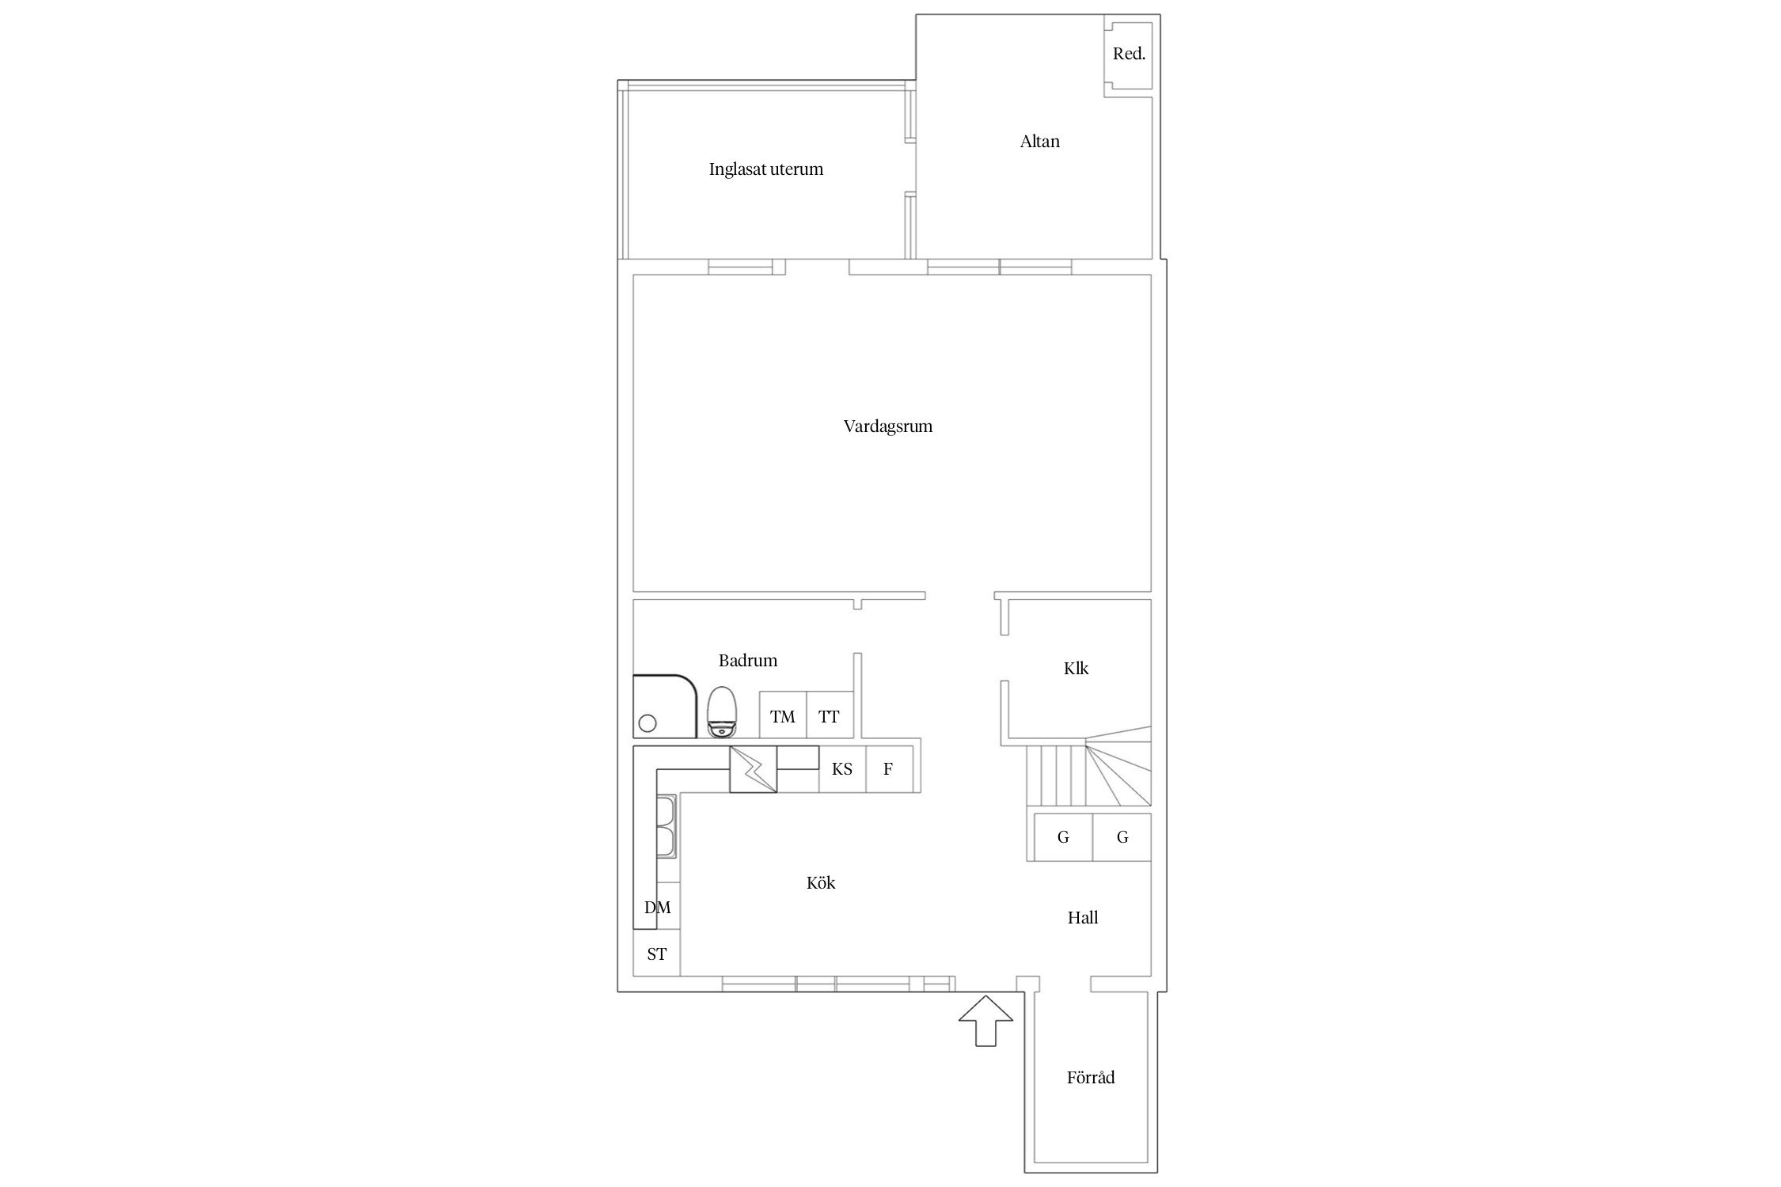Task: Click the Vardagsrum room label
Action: click(x=887, y=427)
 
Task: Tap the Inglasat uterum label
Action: click(x=765, y=169)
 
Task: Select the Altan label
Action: click(x=1039, y=142)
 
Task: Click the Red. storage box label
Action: click(x=1129, y=54)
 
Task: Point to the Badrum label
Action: click(x=748, y=660)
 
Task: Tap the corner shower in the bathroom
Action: click(x=664, y=706)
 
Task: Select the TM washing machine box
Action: click(x=783, y=715)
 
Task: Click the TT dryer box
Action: click(x=830, y=715)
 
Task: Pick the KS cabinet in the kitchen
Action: click(x=842, y=768)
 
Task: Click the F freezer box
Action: click(x=889, y=768)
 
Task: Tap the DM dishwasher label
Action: click(x=657, y=908)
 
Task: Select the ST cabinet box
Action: click(x=657, y=953)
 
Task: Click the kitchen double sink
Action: click(x=666, y=827)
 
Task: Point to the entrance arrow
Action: click(x=985, y=1021)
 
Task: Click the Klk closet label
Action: click(x=1076, y=669)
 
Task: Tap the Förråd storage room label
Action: click(x=1091, y=1078)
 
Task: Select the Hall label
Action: click(x=1083, y=918)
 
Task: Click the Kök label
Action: click(x=821, y=882)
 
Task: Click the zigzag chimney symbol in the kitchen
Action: click(x=753, y=769)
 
